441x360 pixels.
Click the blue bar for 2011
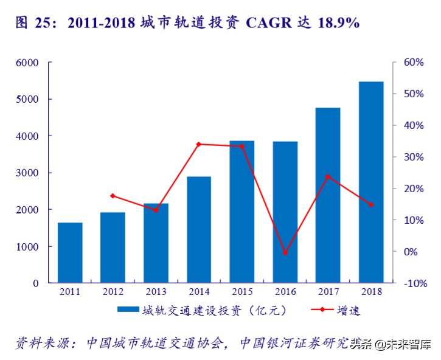[x=70, y=252]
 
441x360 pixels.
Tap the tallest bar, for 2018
[x=371, y=182]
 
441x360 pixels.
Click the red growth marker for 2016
[x=285, y=252]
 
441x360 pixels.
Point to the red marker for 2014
[x=199, y=144]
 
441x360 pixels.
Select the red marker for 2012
[x=113, y=196]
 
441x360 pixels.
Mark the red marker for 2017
[x=328, y=177]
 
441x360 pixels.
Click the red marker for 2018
[x=371, y=205]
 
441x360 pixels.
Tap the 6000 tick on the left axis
[x=27, y=63]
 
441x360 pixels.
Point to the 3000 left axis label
[x=27, y=173]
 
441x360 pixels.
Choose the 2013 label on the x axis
[x=156, y=292]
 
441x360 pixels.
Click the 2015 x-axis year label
[x=242, y=292]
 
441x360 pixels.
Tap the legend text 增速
[x=349, y=311]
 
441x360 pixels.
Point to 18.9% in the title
[x=336, y=23]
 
